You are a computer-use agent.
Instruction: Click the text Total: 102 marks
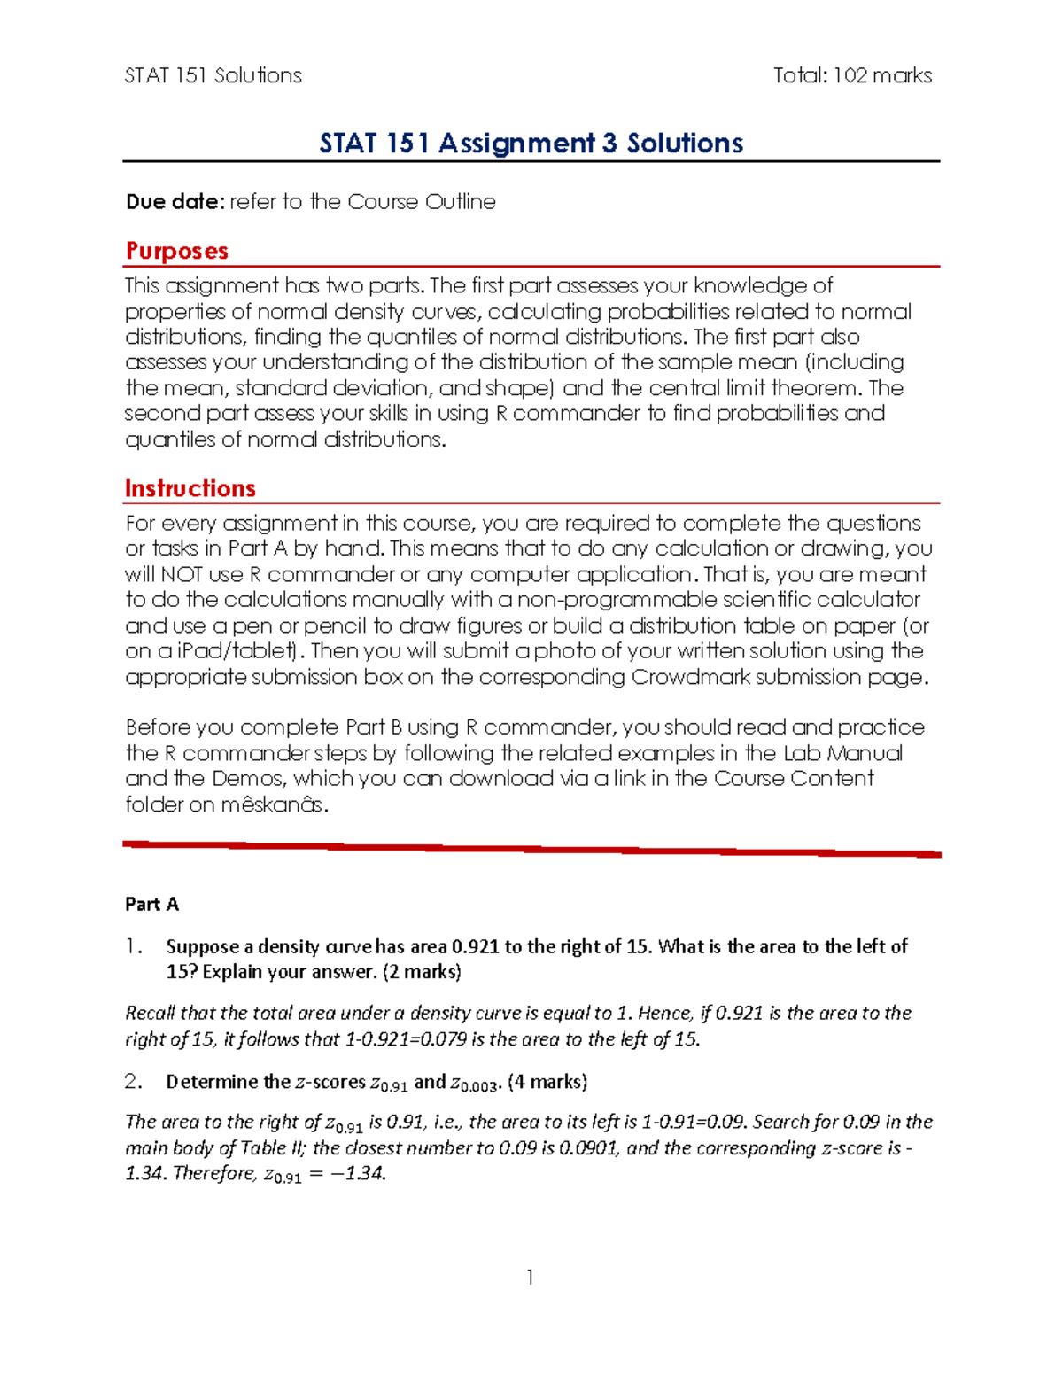pyautogui.click(x=852, y=75)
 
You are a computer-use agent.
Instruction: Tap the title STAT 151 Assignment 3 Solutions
pyautogui.click(x=531, y=143)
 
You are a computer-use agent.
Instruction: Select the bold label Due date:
pyautogui.click(x=175, y=202)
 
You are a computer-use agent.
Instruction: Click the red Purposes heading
pyautogui.click(x=177, y=251)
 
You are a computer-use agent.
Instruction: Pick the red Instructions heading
pyautogui.click(x=190, y=488)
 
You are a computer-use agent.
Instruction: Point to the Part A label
pyautogui.click(x=151, y=904)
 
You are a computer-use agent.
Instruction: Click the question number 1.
pyautogui.click(x=133, y=946)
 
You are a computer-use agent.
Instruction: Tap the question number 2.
pyautogui.click(x=133, y=1081)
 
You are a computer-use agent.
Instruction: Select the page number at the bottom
pyautogui.click(x=530, y=1277)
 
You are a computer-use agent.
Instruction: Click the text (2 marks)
pyautogui.click(x=422, y=972)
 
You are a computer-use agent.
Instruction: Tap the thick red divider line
pyautogui.click(x=531, y=849)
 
